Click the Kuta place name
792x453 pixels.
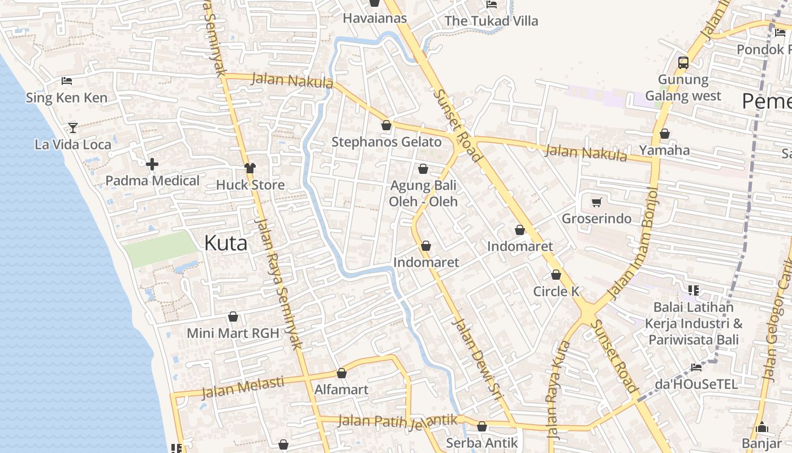pyautogui.click(x=226, y=243)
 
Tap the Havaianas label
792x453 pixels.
pyautogui.click(x=375, y=18)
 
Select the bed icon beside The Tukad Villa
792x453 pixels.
pyautogui.click(x=492, y=5)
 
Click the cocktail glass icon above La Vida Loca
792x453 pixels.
pyautogui.click(x=73, y=127)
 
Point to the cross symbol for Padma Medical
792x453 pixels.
pyautogui.click(x=152, y=165)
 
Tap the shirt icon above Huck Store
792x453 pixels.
pyautogui.click(x=250, y=168)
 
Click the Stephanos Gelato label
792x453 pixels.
pyautogui.click(x=386, y=142)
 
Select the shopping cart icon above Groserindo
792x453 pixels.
pyautogui.click(x=596, y=202)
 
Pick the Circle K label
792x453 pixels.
pyautogui.click(x=557, y=291)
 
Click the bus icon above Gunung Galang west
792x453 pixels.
pyautogui.click(x=683, y=62)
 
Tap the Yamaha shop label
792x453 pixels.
pyautogui.click(x=665, y=150)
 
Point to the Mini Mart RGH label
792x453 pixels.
pyautogui.click(x=233, y=333)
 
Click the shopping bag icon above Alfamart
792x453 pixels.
pyautogui.click(x=342, y=373)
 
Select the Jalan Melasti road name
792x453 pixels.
pyautogui.click(x=243, y=387)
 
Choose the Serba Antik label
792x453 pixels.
pyautogui.click(x=481, y=443)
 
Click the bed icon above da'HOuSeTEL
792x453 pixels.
pyautogui.click(x=696, y=367)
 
